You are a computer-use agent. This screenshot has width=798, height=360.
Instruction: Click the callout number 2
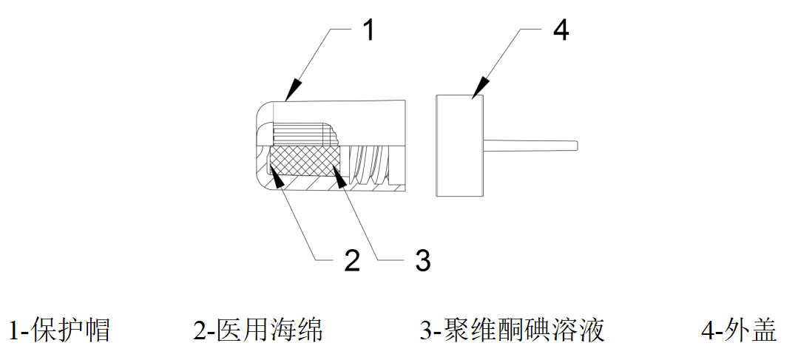click(x=351, y=260)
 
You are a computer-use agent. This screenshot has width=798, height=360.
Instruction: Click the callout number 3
click(x=422, y=260)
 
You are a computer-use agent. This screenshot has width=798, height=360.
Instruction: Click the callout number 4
click(x=561, y=31)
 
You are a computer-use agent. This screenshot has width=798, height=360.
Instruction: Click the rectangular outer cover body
click(x=459, y=146)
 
